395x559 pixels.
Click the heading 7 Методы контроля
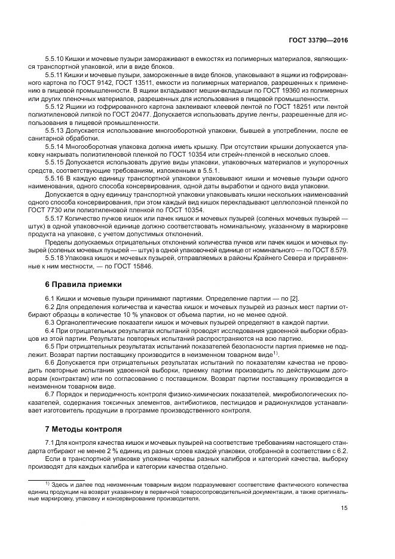tap(79, 428)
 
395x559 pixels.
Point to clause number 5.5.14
tap(54, 146)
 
